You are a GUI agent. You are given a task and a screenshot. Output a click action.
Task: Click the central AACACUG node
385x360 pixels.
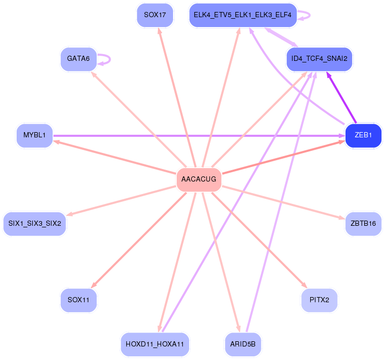click(x=199, y=179)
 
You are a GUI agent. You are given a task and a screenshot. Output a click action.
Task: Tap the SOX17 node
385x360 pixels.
click(x=155, y=15)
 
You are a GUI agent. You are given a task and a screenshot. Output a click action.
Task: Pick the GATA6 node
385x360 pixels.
click(x=78, y=59)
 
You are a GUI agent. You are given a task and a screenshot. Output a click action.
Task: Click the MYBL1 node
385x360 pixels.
click(x=34, y=136)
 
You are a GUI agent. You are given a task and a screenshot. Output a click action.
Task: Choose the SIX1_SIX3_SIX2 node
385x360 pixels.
click(x=35, y=224)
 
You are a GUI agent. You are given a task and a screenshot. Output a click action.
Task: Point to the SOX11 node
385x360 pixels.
click(x=78, y=301)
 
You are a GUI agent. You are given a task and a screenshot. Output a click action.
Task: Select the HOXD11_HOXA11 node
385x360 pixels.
click(x=155, y=344)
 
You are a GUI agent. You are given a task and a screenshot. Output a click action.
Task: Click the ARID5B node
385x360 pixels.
click(x=243, y=344)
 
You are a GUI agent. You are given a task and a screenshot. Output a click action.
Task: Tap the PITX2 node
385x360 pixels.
click(x=319, y=301)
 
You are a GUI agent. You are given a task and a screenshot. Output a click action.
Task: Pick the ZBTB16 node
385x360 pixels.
click(x=363, y=224)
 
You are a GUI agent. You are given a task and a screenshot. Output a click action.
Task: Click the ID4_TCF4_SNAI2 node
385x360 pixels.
click(x=319, y=59)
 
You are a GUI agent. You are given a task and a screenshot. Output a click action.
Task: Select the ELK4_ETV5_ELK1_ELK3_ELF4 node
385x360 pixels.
click(x=243, y=15)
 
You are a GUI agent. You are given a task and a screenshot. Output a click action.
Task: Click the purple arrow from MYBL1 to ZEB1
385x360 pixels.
click(x=197, y=136)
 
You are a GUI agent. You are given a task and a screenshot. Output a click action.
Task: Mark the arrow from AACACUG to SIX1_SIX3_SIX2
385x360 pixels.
click(x=122, y=201)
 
